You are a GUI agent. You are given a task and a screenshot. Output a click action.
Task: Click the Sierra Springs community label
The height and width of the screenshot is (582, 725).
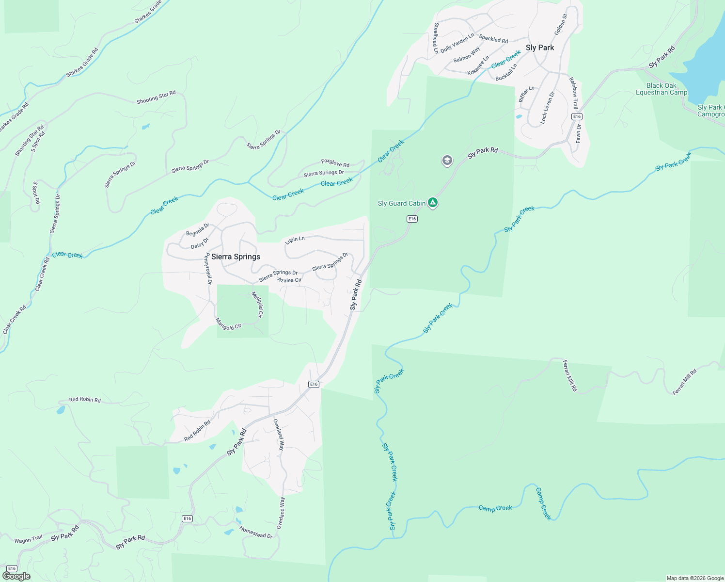click(x=236, y=257)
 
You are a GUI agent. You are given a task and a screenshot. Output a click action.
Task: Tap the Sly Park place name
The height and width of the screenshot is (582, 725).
click(x=539, y=48)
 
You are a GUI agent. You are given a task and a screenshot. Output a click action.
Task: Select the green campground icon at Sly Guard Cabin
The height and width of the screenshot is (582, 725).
click(x=433, y=203)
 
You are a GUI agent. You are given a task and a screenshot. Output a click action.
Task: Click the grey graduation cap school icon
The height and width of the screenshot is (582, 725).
click(x=447, y=161)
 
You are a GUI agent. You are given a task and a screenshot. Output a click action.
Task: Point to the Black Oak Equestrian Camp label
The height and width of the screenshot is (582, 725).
click(x=661, y=89)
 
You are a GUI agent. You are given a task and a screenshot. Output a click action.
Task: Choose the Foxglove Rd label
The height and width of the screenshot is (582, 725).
click(x=335, y=163)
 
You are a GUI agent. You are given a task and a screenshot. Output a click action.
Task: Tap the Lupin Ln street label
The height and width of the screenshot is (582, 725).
click(x=295, y=240)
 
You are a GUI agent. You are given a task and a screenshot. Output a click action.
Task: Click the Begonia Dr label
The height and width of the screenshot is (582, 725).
click(x=197, y=230)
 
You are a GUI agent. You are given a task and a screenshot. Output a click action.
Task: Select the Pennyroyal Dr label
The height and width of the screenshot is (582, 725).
click(x=208, y=268)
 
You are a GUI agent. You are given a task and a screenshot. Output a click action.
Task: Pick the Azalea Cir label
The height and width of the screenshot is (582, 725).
click(x=289, y=280)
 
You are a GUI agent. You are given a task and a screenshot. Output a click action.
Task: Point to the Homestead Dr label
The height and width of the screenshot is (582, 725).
click(x=256, y=532)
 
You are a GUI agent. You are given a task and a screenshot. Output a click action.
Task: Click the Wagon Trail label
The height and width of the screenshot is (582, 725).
click(x=29, y=540)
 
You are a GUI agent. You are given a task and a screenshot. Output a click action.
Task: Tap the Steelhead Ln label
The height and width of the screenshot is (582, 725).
click(x=436, y=38)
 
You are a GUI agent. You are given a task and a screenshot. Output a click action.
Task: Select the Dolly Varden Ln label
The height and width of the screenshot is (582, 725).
click(x=457, y=43)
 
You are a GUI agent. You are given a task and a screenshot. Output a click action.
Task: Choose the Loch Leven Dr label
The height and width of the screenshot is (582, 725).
click(x=547, y=108)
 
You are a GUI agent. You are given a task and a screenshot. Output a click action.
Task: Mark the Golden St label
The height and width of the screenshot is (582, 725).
click(x=560, y=24)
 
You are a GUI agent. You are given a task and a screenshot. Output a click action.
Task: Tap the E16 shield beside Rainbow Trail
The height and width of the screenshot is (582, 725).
click(x=576, y=116)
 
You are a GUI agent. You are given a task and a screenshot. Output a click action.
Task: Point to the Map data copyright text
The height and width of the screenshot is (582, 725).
click(x=695, y=578)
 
